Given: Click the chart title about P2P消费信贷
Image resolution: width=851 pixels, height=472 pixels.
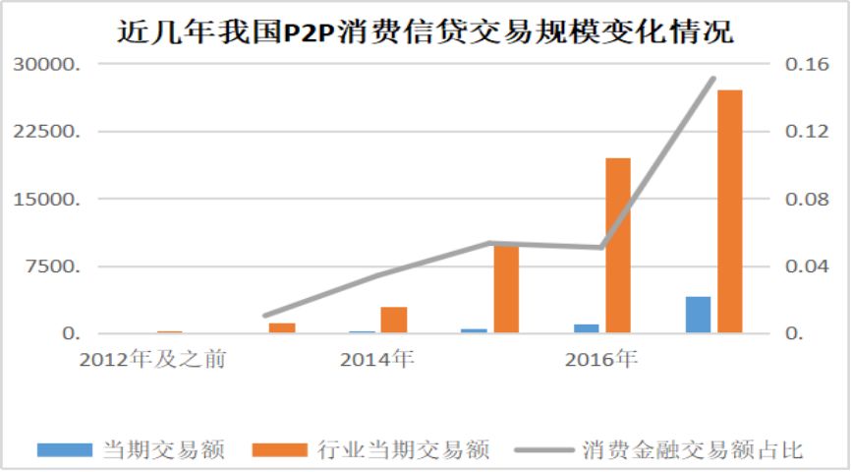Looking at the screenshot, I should (x=425, y=31).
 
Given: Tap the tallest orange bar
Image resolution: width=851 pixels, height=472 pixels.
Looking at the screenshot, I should (x=730, y=211).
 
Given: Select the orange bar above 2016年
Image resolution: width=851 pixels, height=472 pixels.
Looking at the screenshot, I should (x=618, y=246).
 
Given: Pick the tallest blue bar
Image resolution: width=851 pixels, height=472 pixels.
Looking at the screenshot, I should (x=698, y=315).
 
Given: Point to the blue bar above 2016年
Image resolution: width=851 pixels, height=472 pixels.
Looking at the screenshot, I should (x=586, y=328).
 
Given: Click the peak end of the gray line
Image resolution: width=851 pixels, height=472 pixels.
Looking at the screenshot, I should (x=713, y=79).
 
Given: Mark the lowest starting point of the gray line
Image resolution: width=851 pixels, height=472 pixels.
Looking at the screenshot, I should (x=265, y=316).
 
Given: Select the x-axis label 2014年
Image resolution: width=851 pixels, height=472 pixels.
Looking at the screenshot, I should (x=376, y=360).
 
